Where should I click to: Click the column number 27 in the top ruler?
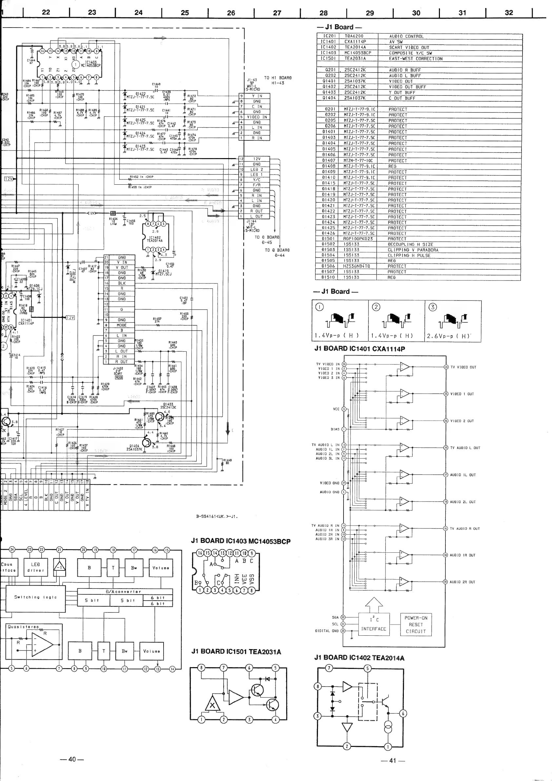277,13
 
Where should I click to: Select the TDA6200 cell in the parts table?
354,36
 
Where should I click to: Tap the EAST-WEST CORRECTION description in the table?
416,59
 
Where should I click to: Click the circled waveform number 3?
432,307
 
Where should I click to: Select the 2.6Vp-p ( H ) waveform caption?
448,336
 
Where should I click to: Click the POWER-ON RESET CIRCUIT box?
416,625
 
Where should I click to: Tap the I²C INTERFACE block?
374,625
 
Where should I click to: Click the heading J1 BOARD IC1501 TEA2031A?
236,652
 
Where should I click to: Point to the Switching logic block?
35,597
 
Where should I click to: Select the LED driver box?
36,567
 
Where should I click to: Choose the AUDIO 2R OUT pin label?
463,582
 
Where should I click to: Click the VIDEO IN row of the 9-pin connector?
257,117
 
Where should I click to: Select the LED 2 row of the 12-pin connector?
257,169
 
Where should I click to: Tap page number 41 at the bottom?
393,761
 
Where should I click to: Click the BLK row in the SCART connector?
122,283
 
